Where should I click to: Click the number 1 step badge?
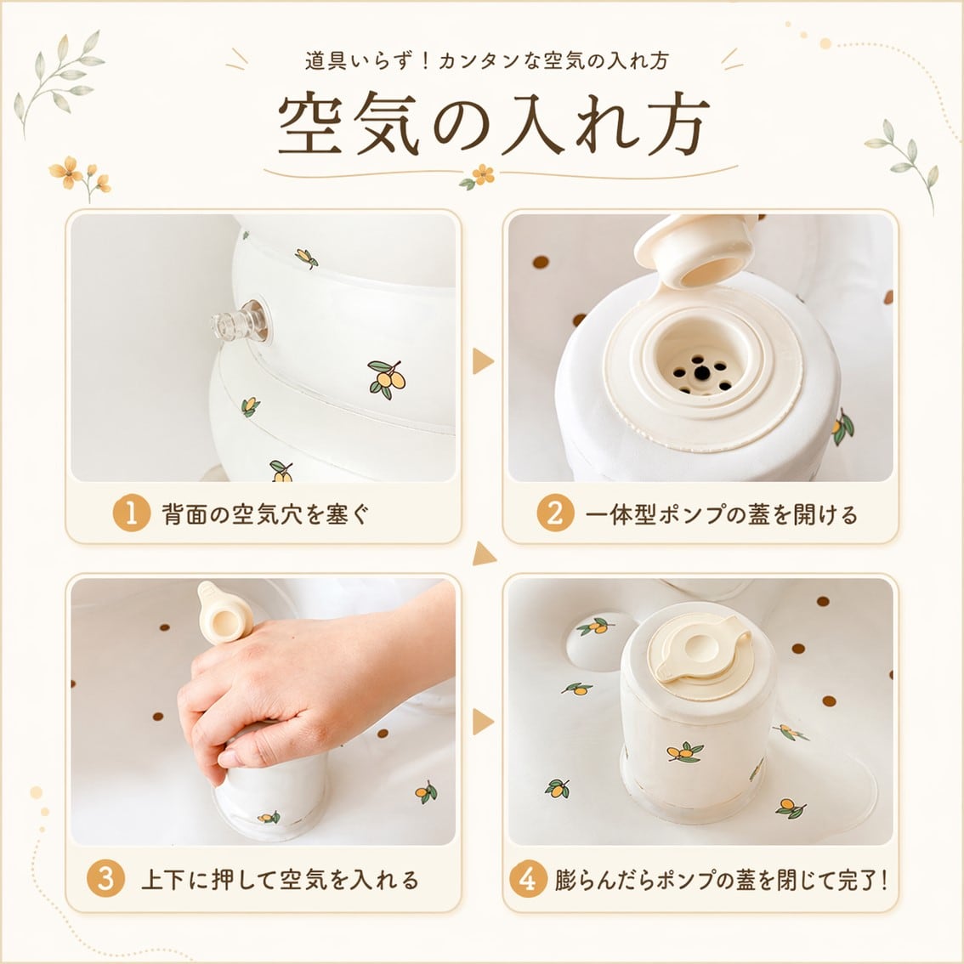(132, 513)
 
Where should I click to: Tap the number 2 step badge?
(555, 513)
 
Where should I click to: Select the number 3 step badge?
(105, 878)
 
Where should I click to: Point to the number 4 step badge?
(528, 878)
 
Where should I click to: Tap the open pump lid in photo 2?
(695, 252)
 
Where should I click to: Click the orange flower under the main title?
(483, 174)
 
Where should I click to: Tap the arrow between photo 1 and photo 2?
(483, 361)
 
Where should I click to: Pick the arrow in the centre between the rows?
(483, 554)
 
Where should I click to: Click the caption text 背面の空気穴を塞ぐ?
(265, 513)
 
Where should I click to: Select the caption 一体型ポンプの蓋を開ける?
(722, 513)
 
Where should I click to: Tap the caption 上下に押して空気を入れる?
(280, 879)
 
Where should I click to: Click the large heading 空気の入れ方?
(493, 123)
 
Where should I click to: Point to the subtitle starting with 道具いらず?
(486, 61)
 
